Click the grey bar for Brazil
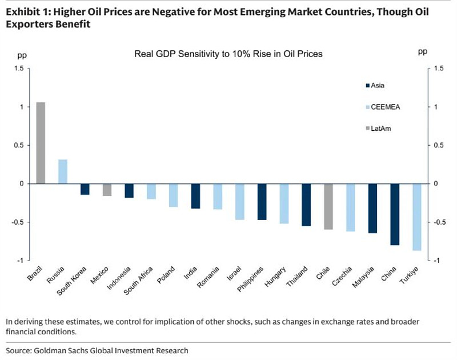[x=41, y=143]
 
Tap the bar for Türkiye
[x=418, y=217]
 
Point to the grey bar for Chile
[x=328, y=206]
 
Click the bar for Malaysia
[x=373, y=209]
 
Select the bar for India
[x=195, y=196]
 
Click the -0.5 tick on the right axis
[x=438, y=222]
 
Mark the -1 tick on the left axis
[x=21, y=261]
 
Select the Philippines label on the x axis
[x=252, y=278]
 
